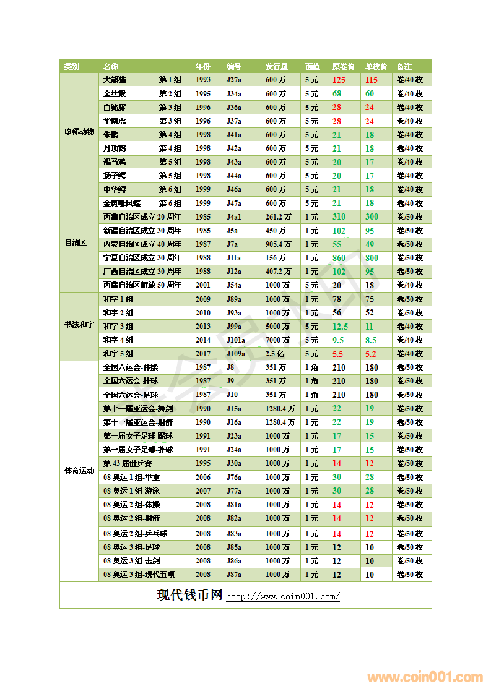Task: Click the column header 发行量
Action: pos(277,66)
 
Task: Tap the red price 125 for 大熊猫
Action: pos(339,80)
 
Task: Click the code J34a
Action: pos(234,94)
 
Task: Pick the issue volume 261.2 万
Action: pos(278,217)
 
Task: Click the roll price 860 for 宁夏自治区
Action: pos(339,258)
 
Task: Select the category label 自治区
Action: pos(76,242)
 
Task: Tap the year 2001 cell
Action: pos(203,285)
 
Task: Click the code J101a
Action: pos(236,340)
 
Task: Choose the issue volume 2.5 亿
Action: pos(275,354)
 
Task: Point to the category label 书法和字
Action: pos(79,325)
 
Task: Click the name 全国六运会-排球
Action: pos(130,381)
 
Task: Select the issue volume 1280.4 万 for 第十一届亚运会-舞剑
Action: pos(280,408)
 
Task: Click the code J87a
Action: pos(234,575)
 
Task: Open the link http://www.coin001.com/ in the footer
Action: pos(282,597)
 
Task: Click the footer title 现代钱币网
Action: pos(189,595)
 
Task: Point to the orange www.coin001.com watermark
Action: pos(425,677)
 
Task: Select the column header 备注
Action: pos(404,66)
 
